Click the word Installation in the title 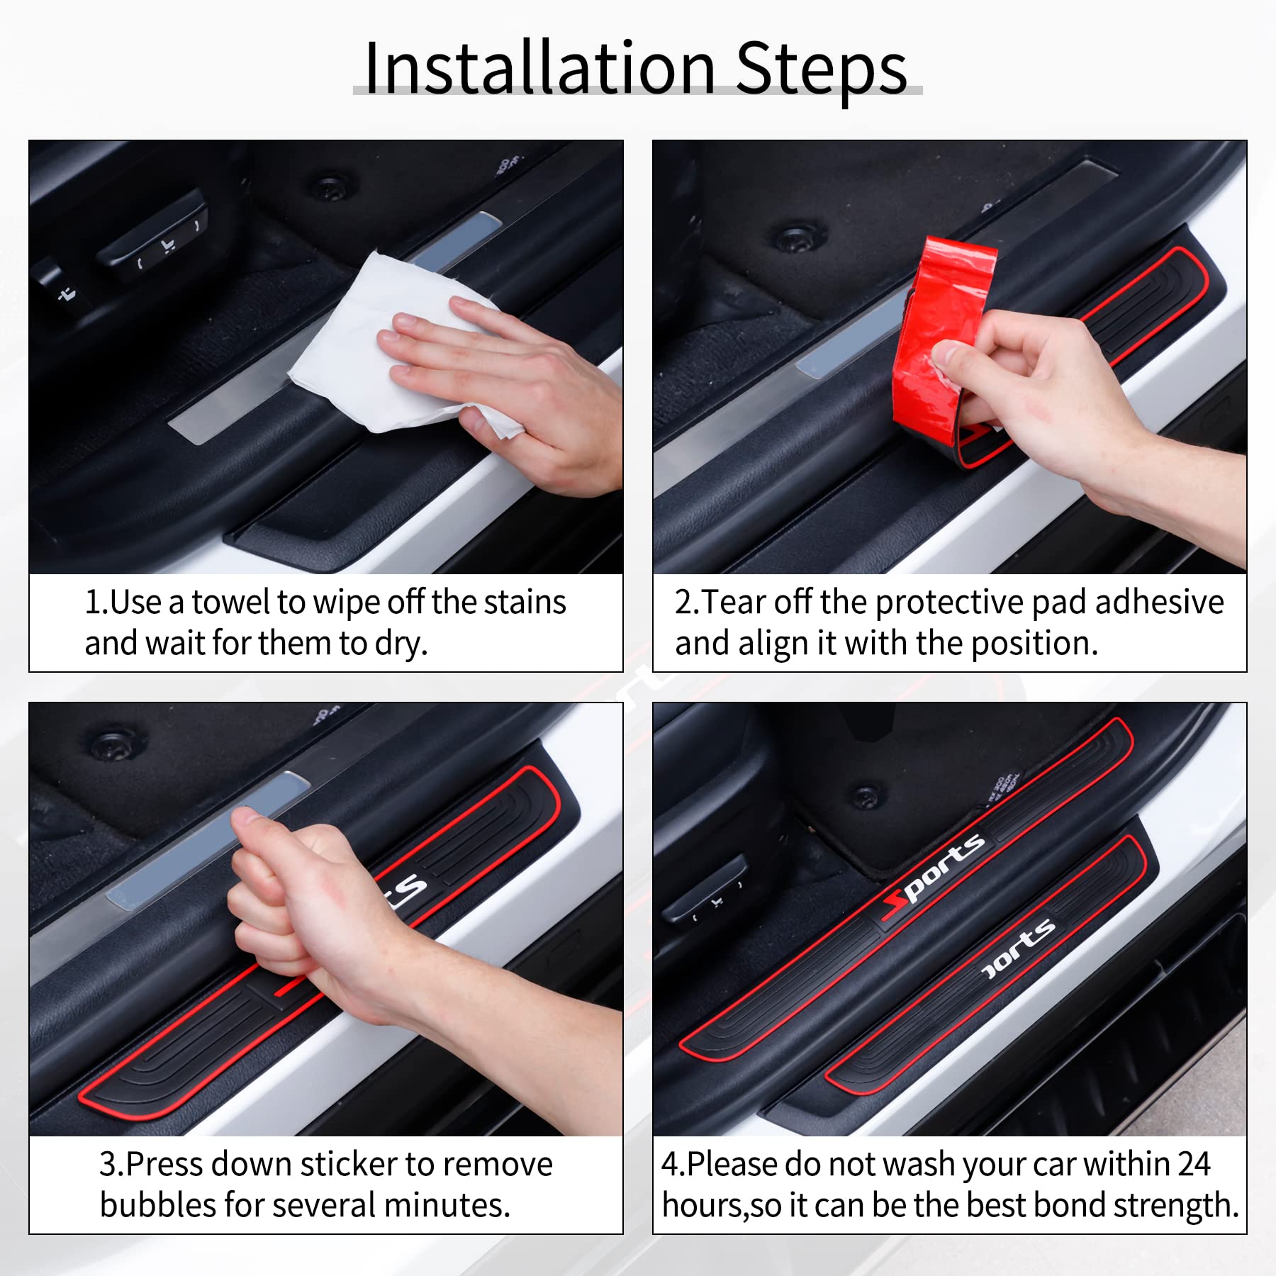pyautogui.click(x=539, y=69)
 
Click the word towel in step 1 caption pyautogui.click(x=231, y=603)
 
